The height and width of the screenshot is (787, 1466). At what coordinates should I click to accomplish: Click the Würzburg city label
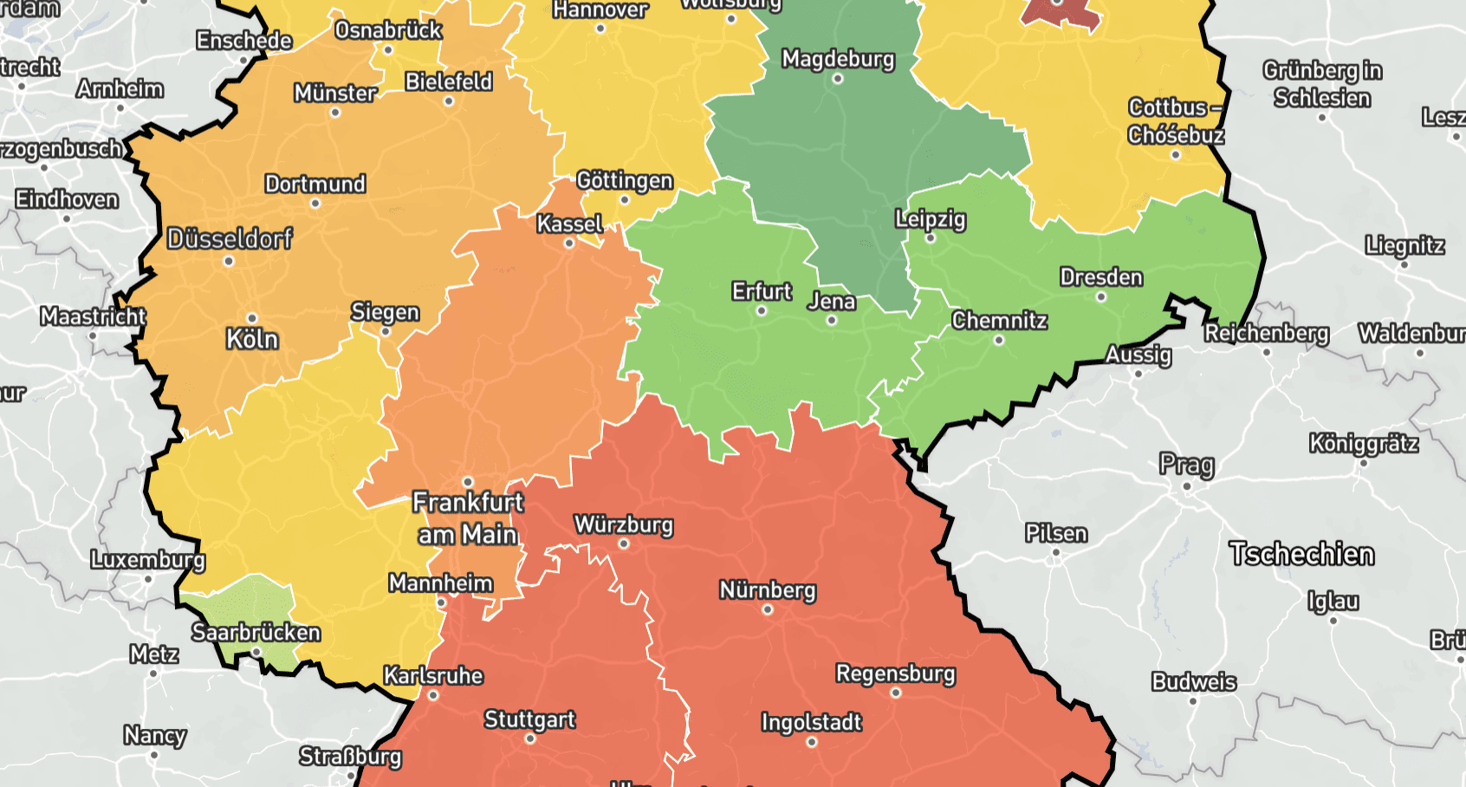click(x=623, y=524)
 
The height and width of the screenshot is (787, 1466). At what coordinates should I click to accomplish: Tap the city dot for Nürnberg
click(x=767, y=610)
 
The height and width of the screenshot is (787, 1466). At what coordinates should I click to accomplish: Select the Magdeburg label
click(x=837, y=59)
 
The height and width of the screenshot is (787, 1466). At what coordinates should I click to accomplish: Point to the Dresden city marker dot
click(x=1100, y=296)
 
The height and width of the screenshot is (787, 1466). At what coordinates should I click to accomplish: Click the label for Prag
click(x=1186, y=465)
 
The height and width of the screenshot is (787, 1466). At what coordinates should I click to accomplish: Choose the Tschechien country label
click(x=1301, y=554)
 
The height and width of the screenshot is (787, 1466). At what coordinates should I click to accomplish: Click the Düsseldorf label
click(x=230, y=238)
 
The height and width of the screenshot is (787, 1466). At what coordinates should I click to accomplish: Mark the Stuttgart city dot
click(x=530, y=739)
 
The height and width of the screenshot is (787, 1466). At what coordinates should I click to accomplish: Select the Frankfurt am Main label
click(x=468, y=518)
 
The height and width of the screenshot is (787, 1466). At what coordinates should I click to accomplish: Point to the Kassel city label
click(x=569, y=224)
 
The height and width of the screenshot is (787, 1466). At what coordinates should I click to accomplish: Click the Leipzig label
click(x=930, y=218)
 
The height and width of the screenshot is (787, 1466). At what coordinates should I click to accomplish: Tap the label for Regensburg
click(x=895, y=673)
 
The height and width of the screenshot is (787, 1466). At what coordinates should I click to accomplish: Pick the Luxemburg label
click(x=147, y=559)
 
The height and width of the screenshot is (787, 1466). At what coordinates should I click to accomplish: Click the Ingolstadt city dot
click(x=811, y=742)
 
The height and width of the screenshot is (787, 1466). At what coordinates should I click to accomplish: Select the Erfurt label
click(x=761, y=291)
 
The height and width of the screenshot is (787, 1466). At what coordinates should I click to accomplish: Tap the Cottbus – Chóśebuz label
click(x=1175, y=121)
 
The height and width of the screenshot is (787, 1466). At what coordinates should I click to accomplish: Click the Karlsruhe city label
click(x=433, y=675)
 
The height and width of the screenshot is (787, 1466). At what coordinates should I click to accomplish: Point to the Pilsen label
click(x=1055, y=533)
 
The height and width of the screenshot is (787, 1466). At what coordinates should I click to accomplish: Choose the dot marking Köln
click(x=252, y=318)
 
